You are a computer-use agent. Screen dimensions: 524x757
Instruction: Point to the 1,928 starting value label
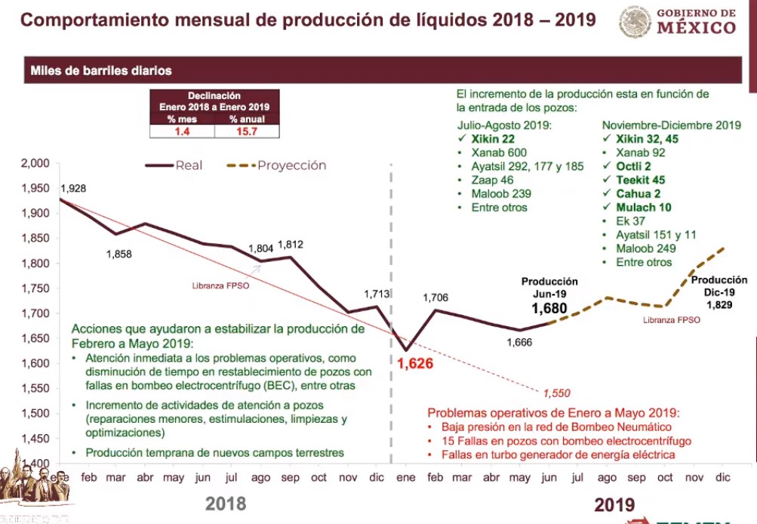[x=72, y=187]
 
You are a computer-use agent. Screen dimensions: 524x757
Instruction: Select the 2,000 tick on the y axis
[x=34, y=163]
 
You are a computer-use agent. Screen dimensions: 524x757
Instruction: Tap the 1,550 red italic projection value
[x=555, y=393]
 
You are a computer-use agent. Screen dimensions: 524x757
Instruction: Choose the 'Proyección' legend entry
[x=291, y=165]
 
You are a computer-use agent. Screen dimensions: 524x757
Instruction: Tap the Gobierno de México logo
[x=679, y=21]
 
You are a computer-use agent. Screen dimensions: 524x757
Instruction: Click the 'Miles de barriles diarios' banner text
[x=101, y=71]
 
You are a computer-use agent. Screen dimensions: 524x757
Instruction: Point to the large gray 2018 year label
[x=226, y=503]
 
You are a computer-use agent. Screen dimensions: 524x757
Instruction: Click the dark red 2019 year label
[x=614, y=504]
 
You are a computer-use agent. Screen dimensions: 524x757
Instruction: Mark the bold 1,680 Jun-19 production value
[x=549, y=309]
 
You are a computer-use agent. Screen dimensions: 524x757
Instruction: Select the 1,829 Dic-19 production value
[x=719, y=304]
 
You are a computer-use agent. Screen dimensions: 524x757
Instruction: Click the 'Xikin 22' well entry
[x=493, y=140]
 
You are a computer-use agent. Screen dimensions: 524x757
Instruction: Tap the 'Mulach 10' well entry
[x=643, y=207]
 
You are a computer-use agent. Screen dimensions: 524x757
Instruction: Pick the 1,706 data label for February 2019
[x=435, y=297]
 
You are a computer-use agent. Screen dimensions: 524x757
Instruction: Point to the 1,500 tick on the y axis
[x=34, y=413]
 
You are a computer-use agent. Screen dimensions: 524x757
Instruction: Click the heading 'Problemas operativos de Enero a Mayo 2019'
[x=553, y=413]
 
